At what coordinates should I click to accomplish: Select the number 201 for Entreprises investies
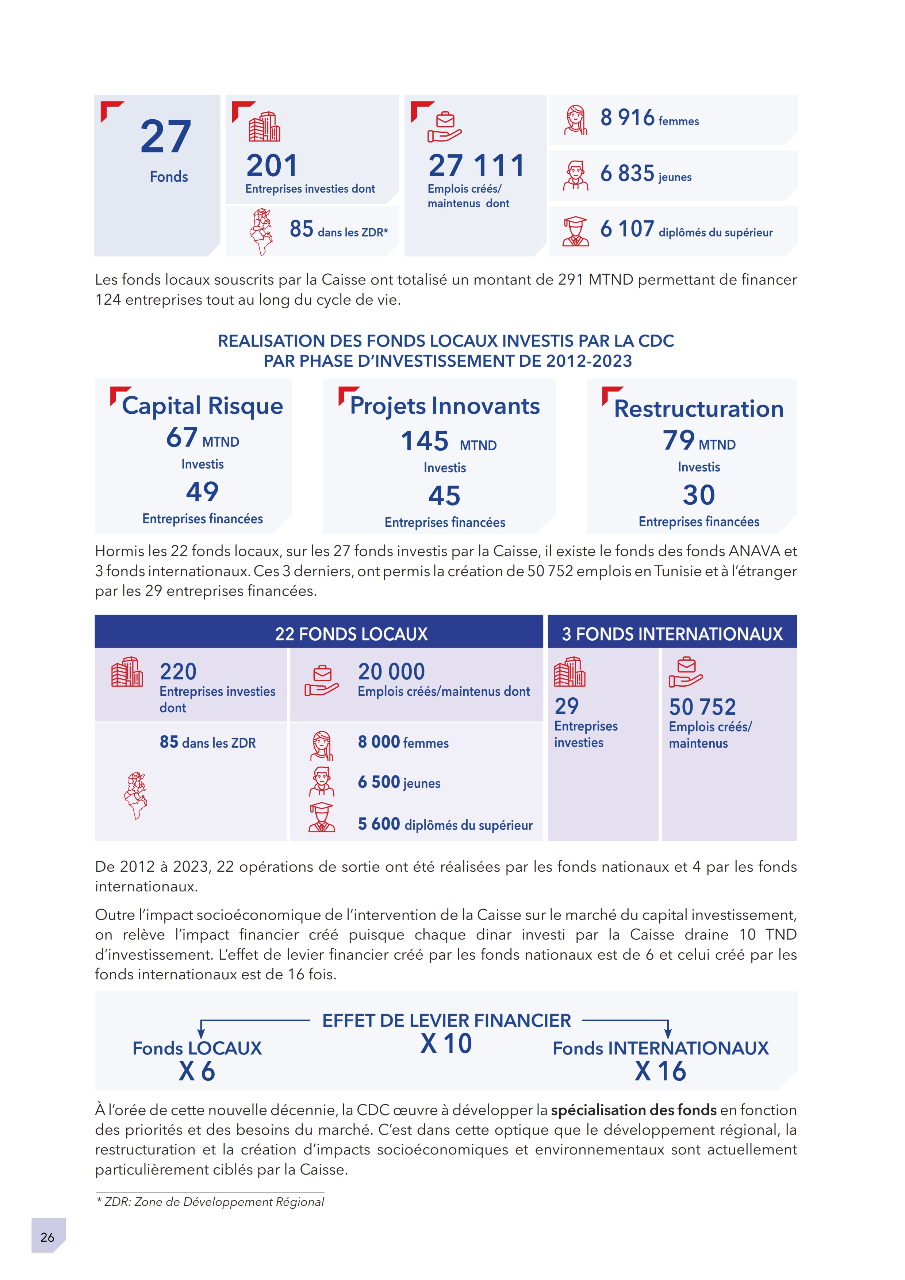[272, 166]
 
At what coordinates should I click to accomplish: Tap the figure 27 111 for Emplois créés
[477, 166]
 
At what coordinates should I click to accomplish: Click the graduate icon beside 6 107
[575, 231]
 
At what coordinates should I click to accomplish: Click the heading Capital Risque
[202, 406]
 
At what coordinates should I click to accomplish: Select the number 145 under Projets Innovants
[425, 442]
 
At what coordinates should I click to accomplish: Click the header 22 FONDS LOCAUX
[351, 634]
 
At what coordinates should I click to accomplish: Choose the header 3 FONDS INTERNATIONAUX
[672, 634]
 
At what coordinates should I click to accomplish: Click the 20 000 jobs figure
[391, 672]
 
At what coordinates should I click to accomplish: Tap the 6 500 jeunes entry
[399, 782]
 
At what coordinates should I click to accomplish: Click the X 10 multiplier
[446, 1044]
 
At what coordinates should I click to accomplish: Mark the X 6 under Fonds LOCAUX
[197, 1072]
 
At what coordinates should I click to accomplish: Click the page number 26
[47, 1237]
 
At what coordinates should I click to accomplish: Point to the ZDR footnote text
[210, 1202]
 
